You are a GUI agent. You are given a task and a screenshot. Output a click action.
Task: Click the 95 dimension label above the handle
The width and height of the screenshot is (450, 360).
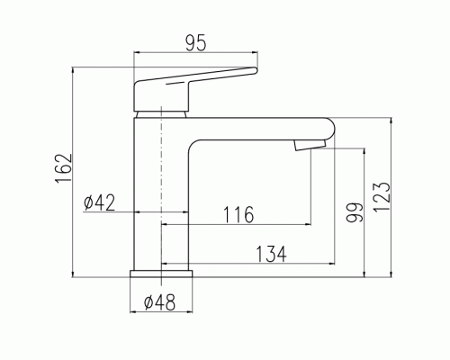coord(196,43)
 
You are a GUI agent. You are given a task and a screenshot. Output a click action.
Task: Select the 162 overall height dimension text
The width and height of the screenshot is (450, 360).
coord(64,168)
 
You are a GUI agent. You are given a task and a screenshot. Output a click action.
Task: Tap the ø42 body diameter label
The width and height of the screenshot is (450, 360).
coord(99,202)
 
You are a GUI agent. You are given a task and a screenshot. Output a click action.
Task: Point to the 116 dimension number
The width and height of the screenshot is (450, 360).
coord(238,214)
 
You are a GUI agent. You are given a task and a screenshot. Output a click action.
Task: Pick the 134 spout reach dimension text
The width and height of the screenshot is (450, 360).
coord(272,254)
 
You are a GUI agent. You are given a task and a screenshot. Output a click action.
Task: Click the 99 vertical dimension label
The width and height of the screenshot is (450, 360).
coord(355,212)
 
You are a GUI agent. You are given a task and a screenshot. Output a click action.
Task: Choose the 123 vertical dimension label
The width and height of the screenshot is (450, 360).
coord(382,197)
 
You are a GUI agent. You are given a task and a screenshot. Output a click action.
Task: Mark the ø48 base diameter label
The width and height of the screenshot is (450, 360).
coord(159,302)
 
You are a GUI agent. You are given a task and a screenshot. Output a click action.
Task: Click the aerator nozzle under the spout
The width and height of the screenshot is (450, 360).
coord(310,145)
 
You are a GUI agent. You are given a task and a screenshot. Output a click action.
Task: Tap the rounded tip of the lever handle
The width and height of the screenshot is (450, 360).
coord(255,70)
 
